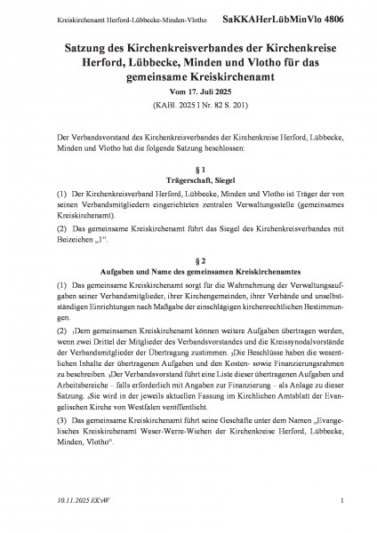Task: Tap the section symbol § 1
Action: click(188, 169)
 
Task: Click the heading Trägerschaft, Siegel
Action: click(188, 181)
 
